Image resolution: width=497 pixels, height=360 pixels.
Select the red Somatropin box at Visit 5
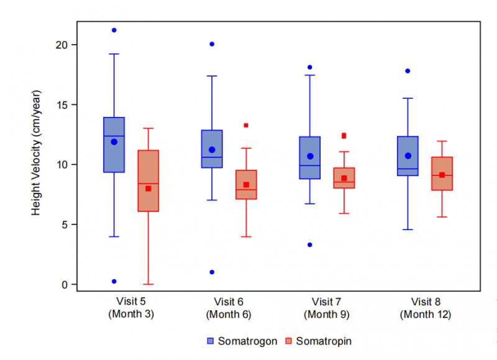click(x=148, y=181)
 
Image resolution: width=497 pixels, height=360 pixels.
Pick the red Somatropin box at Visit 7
click(x=344, y=178)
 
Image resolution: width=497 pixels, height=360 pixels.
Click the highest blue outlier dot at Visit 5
click(x=114, y=30)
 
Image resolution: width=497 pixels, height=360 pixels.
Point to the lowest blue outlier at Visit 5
click(x=114, y=282)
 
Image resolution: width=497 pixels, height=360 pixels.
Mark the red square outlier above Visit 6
click(x=246, y=126)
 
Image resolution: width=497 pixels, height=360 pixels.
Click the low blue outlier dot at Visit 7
click(x=310, y=245)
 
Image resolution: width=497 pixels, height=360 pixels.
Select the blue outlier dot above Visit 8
click(x=408, y=71)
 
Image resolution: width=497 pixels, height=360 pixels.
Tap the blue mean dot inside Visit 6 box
click(x=212, y=150)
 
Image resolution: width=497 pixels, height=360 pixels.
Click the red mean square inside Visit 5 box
click(x=148, y=188)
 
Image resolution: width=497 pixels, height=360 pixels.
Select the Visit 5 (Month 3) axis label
click(x=131, y=308)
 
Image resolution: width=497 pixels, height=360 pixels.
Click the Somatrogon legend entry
click(x=242, y=341)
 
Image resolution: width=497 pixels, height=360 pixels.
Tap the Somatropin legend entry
click(x=319, y=341)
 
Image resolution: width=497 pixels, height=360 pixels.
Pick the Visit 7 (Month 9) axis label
click(x=327, y=308)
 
